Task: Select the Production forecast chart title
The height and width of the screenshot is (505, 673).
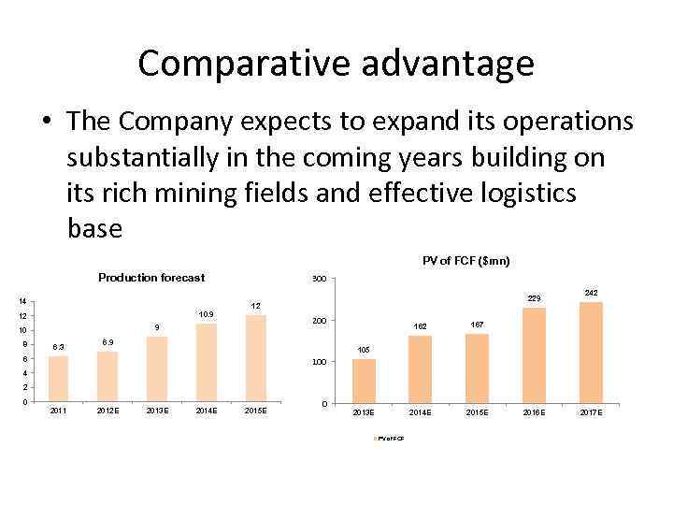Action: coord(151,278)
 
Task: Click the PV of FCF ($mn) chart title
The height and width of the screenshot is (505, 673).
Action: coord(465,261)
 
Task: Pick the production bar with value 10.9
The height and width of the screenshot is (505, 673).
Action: coord(206,362)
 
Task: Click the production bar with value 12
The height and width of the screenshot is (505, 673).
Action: coord(255,358)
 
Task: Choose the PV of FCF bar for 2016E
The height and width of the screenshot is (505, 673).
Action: coord(534,355)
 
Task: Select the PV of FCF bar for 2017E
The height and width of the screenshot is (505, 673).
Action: coord(591,353)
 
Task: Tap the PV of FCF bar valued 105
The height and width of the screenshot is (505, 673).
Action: coord(364,382)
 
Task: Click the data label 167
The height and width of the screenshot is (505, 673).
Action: coord(477,325)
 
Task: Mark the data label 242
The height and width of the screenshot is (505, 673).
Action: coord(591,293)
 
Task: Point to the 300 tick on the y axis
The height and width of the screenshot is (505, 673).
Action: coord(319,281)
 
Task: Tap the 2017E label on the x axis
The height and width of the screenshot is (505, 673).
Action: coord(591,412)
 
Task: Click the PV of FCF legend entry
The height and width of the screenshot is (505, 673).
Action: coord(389,439)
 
